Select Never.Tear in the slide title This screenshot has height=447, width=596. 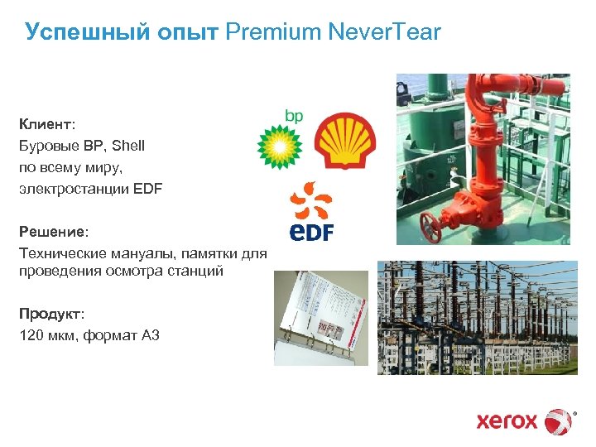click(x=385, y=32)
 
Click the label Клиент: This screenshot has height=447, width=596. click(x=47, y=124)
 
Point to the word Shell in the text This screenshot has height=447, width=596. click(x=127, y=146)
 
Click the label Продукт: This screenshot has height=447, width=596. click(x=51, y=315)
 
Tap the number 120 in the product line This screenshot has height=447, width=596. click(x=31, y=335)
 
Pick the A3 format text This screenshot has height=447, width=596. click(x=150, y=335)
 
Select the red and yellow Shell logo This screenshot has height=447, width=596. click(x=347, y=141)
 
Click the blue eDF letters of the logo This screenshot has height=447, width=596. click(x=310, y=231)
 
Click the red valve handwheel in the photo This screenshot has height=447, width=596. click(x=430, y=224)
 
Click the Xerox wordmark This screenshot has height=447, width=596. click(x=507, y=421)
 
